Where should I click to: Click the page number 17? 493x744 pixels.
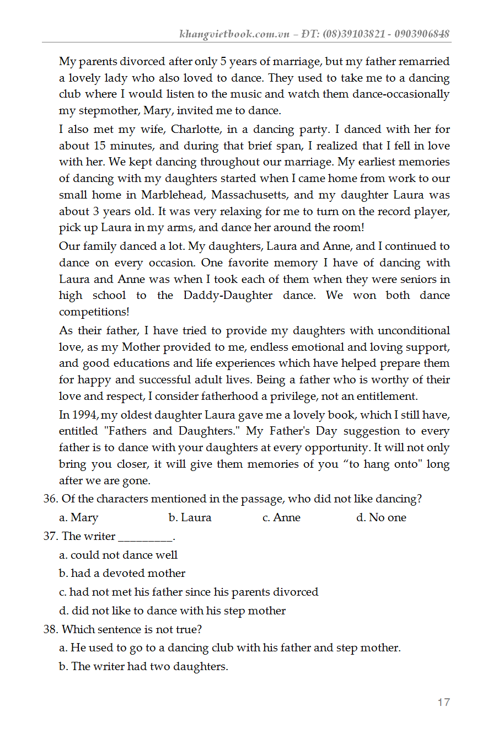(x=443, y=702)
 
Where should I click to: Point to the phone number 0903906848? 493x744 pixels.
(x=422, y=34)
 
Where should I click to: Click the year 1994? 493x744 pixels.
(x=85, y=415)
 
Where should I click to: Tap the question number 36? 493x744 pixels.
(x=50, y=499)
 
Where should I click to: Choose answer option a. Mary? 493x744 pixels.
(x=78, y=518)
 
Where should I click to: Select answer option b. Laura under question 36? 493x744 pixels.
(x=190, y=518)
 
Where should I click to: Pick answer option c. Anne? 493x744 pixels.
(x=281, y=518)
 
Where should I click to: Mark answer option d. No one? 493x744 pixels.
(x=381, y=518)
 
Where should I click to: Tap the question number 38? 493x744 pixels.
(x=50, y=629)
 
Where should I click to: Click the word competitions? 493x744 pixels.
(x=94, y=312)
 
